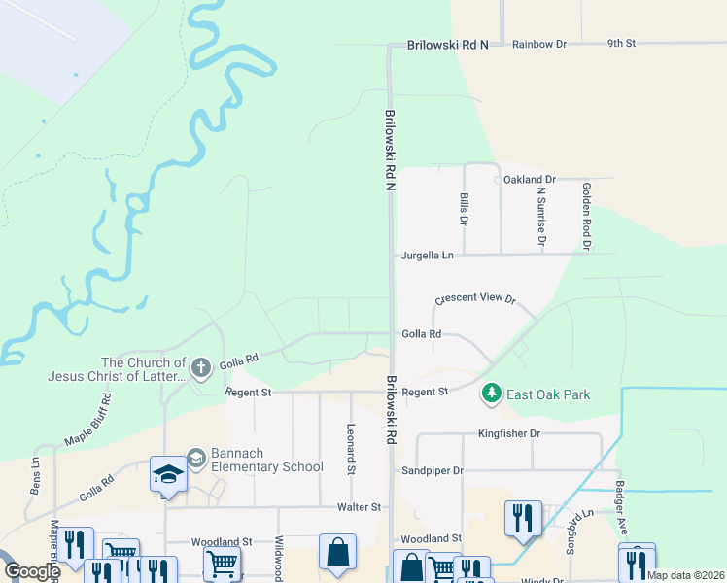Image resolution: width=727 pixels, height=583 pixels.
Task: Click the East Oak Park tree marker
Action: (x=492, y=394)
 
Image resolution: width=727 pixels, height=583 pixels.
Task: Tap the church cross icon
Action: (x=200, y=367)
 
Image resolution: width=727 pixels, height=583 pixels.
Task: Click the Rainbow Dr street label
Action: (x=538, y=44)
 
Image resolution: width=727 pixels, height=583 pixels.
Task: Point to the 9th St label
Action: (x=621, y=44)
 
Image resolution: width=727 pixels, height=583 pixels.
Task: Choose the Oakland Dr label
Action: (x=529, y=180)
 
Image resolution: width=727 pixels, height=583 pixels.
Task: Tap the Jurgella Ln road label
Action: (x=428, y=256)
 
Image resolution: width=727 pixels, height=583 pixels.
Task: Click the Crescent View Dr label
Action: (x=474, y=300)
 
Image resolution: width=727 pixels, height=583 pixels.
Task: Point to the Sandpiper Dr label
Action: (x=433, y=470)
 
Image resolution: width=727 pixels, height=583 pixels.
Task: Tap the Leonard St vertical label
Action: (x=350, y=448)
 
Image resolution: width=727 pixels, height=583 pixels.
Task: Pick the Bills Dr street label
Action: (x=464, y=209)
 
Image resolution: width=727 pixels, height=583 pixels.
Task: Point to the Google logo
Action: (x=32, y=571)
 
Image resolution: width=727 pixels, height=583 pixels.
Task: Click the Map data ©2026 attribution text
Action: (x=684, y=575)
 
